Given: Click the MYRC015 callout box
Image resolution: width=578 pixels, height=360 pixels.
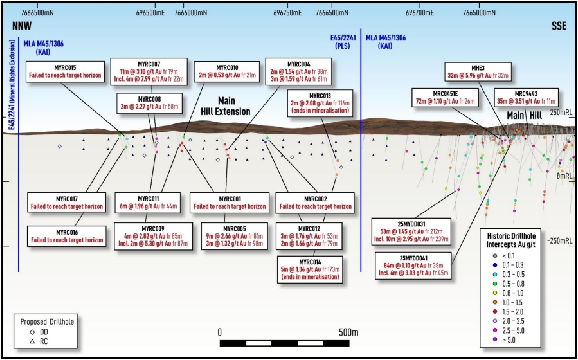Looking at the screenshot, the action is tap(65, 72).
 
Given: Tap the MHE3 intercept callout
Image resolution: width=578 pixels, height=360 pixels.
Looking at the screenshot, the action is tap(478, 72).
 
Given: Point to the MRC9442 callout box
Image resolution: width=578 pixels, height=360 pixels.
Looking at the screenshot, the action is tap(526, 98).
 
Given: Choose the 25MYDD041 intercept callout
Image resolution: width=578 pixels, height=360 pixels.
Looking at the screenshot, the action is tap(413, 265).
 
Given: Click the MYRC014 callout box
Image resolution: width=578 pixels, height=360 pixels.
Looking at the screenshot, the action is tap(310, 269).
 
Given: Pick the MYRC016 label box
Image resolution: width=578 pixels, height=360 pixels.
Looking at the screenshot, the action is tap(67, 236).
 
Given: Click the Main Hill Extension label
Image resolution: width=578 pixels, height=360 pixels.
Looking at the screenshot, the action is tap(226, 106).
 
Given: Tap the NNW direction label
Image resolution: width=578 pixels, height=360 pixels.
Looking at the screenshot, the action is tap(22, 26).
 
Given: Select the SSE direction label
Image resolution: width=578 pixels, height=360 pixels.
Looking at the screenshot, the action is tap(559, 26).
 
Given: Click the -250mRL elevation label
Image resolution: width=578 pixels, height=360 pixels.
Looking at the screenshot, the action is tap(559, 241).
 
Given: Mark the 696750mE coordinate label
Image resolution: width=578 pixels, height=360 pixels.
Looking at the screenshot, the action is tap(287, 13).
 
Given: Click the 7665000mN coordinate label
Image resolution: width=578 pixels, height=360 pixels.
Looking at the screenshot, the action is tap(479, 13).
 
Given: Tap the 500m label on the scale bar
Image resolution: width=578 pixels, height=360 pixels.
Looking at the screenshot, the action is tap(348, 333).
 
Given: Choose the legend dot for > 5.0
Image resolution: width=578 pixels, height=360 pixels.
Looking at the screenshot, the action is tap(495, 339).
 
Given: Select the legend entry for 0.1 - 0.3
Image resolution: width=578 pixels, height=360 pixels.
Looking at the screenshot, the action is tap(509, 265).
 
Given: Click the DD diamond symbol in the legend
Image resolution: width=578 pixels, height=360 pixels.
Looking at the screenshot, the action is tap(32, 332).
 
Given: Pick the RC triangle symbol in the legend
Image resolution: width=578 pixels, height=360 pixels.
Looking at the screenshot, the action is tap(32, 341).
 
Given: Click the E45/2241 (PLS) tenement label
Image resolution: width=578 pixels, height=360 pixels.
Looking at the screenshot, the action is tap(340, 42).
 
